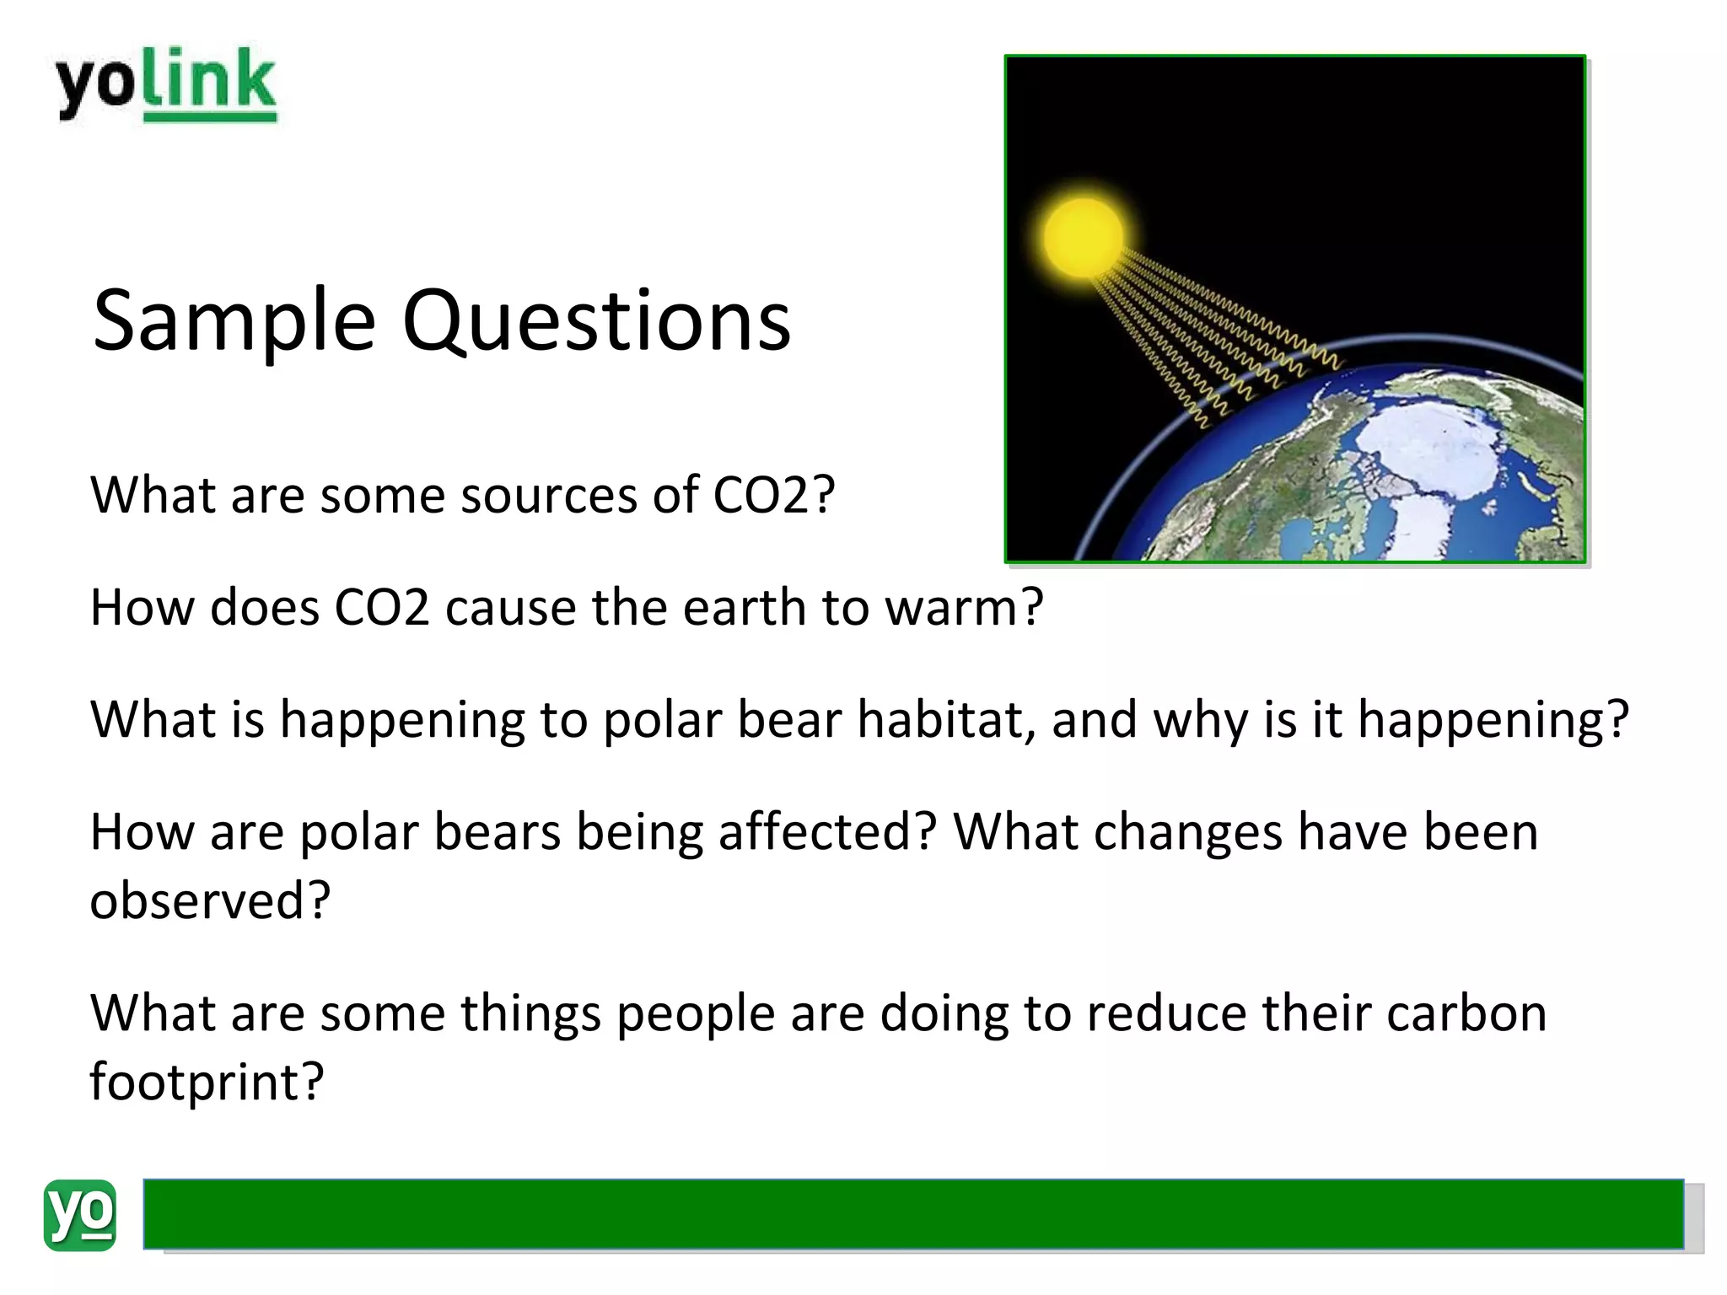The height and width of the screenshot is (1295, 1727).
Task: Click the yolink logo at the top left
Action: (166, 84)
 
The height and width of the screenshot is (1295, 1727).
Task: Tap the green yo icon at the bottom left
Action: (79, 1214)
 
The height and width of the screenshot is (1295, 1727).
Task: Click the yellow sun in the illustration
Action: (1084, 238)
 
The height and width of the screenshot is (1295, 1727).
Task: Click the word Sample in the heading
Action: (234, 322)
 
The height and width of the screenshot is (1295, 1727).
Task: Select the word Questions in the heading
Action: (597, 322)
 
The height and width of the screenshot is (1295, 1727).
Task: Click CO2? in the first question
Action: (773, 495)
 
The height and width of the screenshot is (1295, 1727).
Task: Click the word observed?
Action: (210, 900)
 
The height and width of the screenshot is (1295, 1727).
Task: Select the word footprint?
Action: (207, 1082)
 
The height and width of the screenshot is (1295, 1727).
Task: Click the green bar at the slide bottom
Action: (912, 1214)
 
